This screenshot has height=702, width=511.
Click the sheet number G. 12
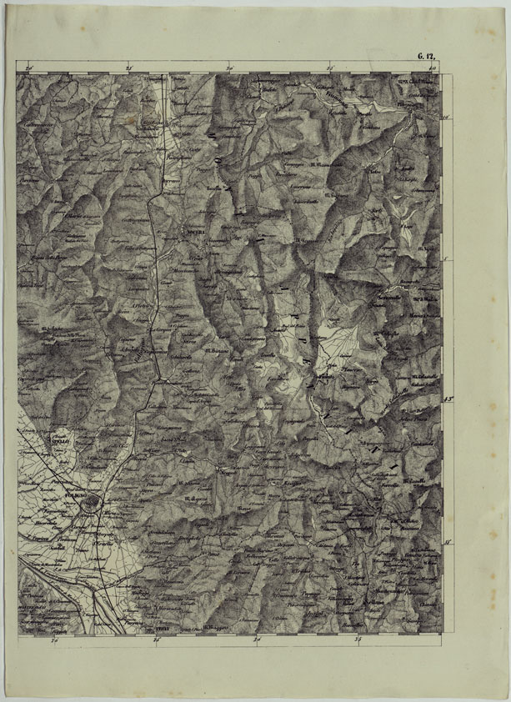[428, 56]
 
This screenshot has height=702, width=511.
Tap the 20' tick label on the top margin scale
[29, 67]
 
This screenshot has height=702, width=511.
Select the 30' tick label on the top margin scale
[228, 67]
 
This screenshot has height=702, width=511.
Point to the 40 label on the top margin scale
[432, 67]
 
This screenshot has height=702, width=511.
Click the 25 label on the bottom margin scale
[156, 640]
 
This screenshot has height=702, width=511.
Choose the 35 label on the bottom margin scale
[358, 640]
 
